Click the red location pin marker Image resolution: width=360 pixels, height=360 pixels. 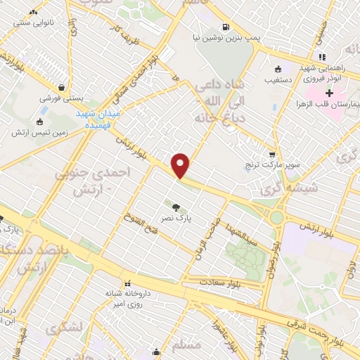tap(181, 165)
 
